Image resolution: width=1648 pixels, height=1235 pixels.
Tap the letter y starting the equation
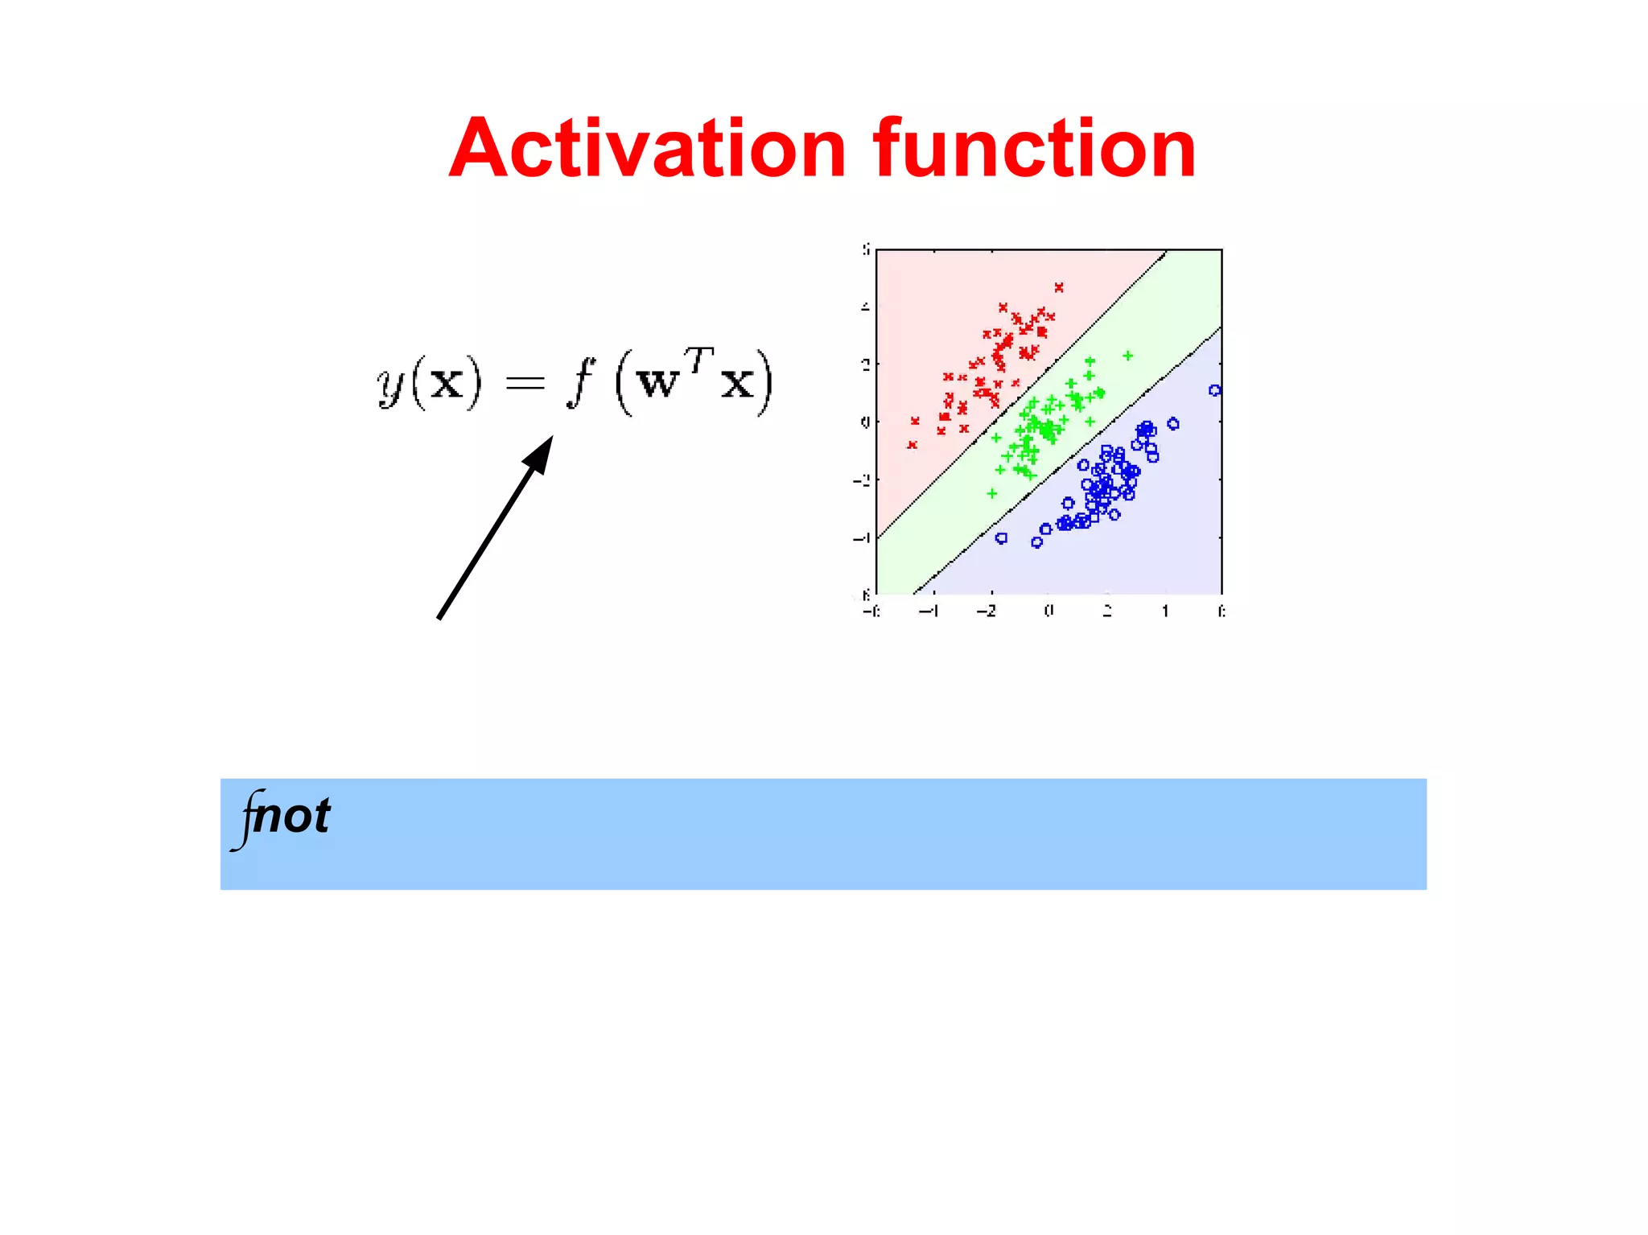391,384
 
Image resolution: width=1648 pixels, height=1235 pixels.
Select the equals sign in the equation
525,383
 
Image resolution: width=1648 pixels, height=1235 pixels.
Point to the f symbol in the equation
579,382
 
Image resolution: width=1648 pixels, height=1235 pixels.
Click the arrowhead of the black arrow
540,455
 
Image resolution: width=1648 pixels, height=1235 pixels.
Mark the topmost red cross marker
1059,287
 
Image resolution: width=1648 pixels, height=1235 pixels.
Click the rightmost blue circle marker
1214,391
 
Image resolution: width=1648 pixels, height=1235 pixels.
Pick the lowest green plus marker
992,493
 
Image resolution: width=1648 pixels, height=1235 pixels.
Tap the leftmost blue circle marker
1001,538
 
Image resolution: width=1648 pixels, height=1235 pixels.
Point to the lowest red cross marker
912,445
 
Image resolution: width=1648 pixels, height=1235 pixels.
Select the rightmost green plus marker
1128,356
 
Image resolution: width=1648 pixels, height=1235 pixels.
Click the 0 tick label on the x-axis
1049,611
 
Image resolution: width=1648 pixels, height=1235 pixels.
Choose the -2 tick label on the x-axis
987,611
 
